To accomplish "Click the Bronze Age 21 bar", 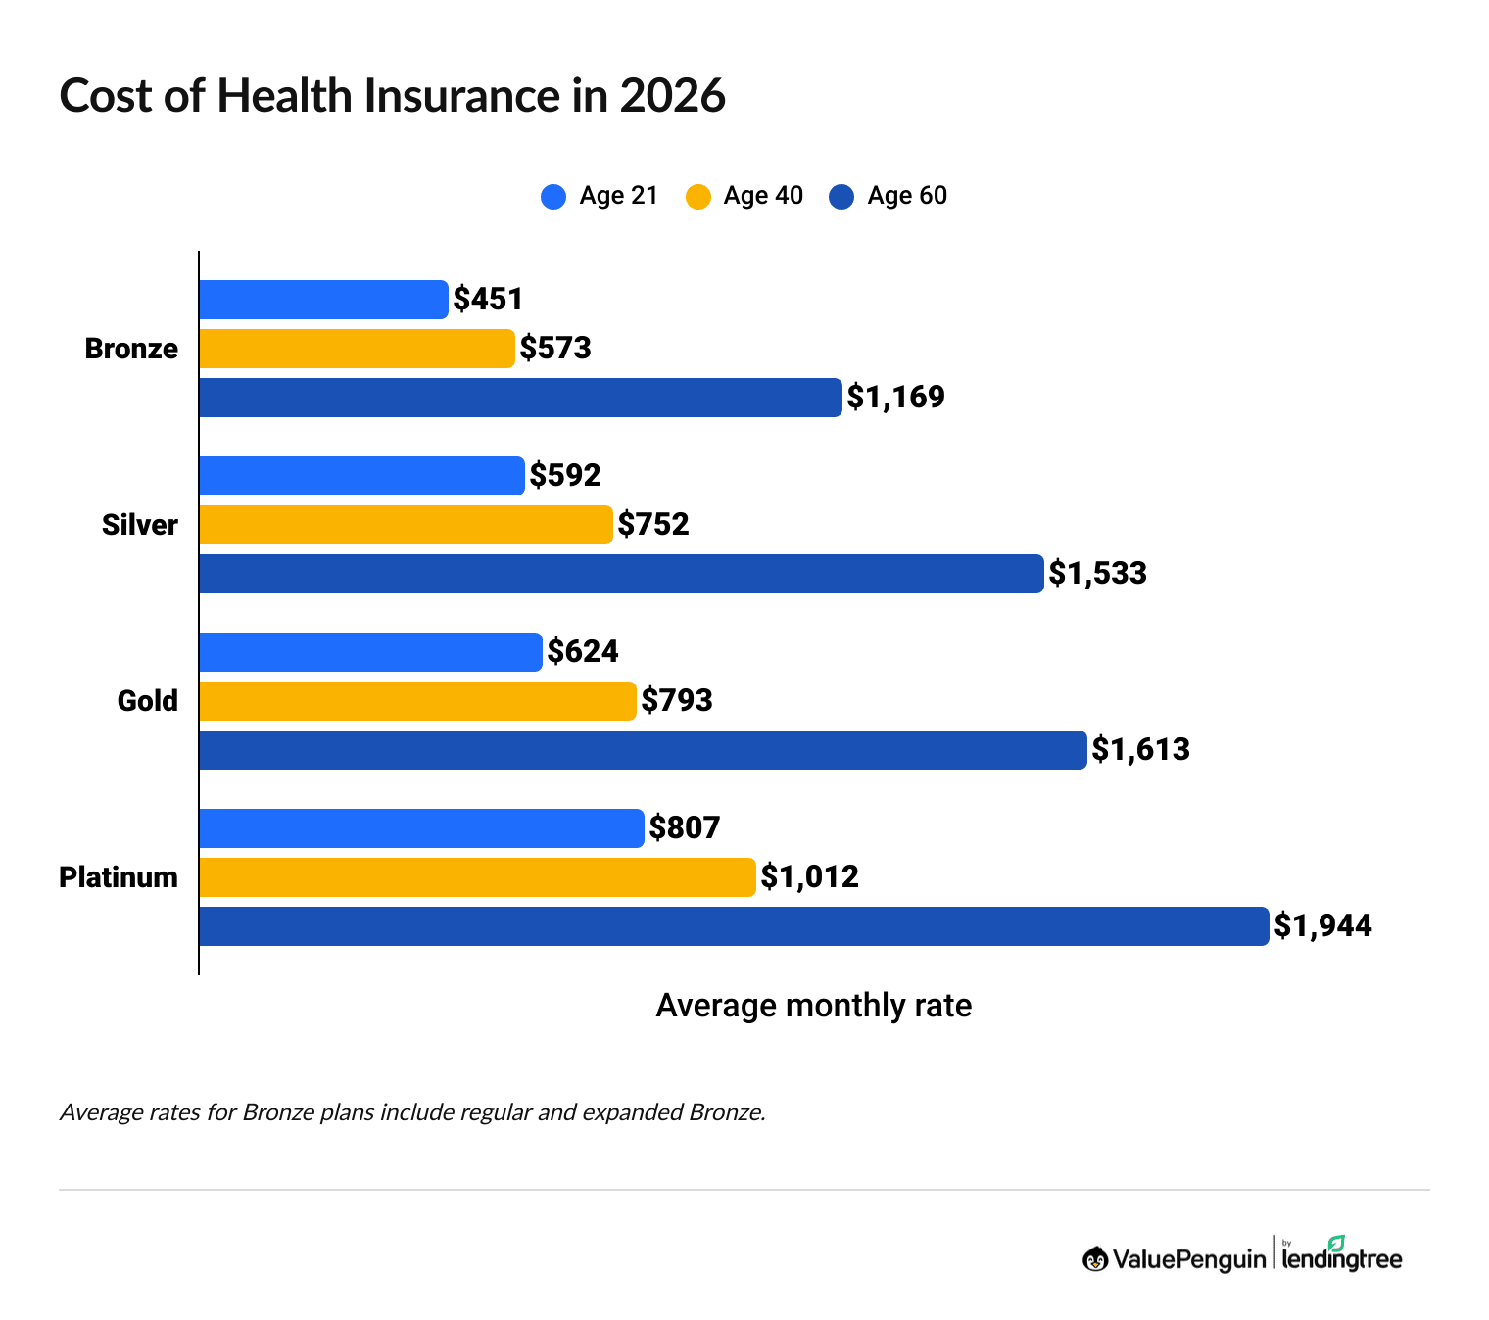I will click(323, 300).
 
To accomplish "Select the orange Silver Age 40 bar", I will click(406, 525).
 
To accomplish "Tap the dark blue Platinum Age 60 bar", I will click(733, 926).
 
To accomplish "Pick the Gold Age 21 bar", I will click(370, 652).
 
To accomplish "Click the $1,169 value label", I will click(895, 398).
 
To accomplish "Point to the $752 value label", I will click(653, 525).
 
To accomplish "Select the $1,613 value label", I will click(1140, 750).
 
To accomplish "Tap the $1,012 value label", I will click(809, 877).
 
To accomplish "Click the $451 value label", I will click(488, 300).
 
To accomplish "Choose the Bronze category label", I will click(131, 349).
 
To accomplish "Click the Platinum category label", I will click(119, 877).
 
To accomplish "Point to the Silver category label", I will click(140, 525).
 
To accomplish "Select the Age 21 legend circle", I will click(553, 197).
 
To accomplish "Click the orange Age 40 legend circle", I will click(697, 197).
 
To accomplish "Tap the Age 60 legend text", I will click(907, 196).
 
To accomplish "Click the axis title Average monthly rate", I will click(813, 1006).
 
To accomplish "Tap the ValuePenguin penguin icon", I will click(1094, 1259).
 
